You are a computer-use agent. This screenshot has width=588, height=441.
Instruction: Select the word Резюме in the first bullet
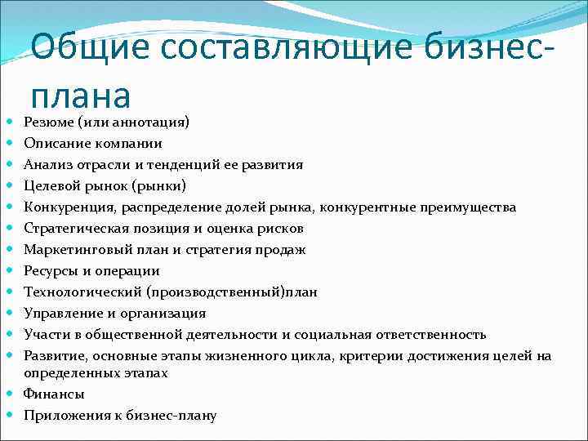[x=48, y=122]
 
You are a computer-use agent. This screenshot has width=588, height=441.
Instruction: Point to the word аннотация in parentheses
[x=147, y=122]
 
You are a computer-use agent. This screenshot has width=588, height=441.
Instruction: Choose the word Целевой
[x=51, y=185]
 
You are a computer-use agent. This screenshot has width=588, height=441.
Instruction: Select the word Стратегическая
[x=71, y=228]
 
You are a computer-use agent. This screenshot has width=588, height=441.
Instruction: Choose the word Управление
[x=59, y=313]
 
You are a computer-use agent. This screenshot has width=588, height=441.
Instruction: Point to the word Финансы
[x=54, y=394]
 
